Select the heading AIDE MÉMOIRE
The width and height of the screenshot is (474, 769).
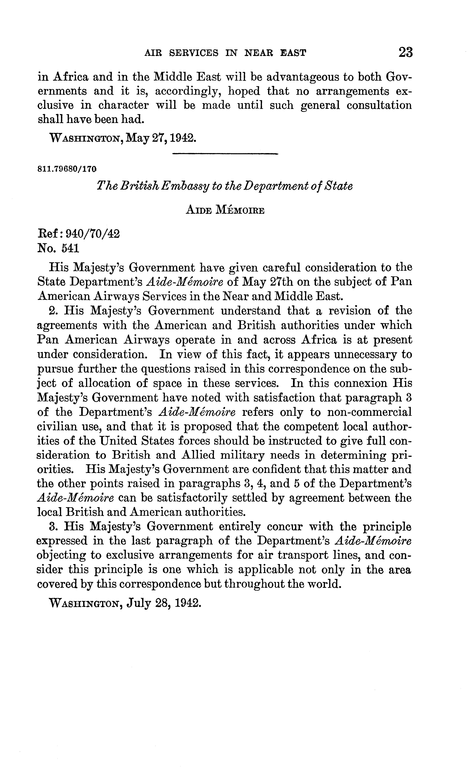pos(225,210)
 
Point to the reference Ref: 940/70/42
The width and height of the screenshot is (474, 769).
pos(78,234)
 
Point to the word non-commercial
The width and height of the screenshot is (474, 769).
pos(369,412)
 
